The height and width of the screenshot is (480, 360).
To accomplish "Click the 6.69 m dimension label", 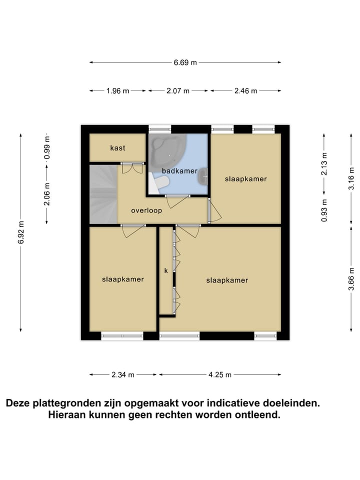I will pyautogui.click(x=185, y=62).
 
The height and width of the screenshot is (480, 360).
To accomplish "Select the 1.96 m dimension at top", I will pyautogui.click(x=117, y=91).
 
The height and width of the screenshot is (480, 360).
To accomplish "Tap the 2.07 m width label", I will pyautogui.click(x=177, y=91).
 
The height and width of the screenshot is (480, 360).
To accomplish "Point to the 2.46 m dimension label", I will pyautogui.click(x=245, y=91).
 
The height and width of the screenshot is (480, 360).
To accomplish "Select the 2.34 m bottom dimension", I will pyautogui.click(x=123, y=374).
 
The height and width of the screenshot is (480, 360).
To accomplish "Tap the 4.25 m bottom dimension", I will pyautogui.click(x=220, y=374).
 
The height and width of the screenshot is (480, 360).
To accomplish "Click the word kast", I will pyautogui.click(x=117, y=148).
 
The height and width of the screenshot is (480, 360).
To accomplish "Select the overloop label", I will pyautogui.click(x=146, y=210).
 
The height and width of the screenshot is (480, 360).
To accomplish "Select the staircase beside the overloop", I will pyautogui.click(x=103, y=195).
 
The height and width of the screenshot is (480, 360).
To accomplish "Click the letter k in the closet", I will pyautogui.click(x=166, y=270).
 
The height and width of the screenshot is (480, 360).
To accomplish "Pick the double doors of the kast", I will pyautogui.click(x=132, y=168).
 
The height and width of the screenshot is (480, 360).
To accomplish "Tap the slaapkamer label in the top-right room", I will pyautogui.click(x=245, y=178).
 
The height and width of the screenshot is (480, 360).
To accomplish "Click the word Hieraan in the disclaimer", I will pyautogui.click(x=69, y=415).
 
